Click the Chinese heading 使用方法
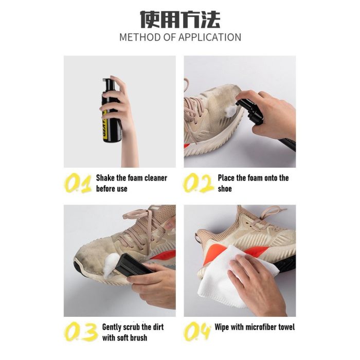pyautogui.click(x=180, y=20)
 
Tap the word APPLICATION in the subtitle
pyautogui.click(x=210, y=37)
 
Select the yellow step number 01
pyautogui.click(x=77, y=183)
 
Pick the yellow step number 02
pyautogui.click(x=198, y=183)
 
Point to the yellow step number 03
pyautogui.click(x=80, y=332)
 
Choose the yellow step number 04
pyautogui.click(x=197, y=332)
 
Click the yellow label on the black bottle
pyautogui.click(x=104, y=125)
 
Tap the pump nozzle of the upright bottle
pyautogui.click(x=107, y=81)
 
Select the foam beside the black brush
pyautogui.click(x=111, y=265)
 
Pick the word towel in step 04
pyautogui.click(x=286, y=327)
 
